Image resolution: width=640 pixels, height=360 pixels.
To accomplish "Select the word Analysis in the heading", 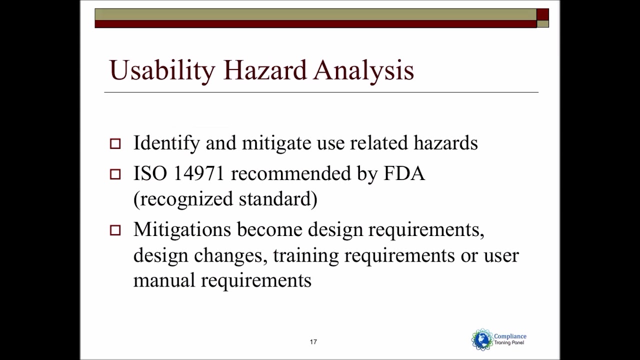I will pos(363,70).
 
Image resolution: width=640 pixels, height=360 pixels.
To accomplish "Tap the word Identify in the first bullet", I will pos(166,143).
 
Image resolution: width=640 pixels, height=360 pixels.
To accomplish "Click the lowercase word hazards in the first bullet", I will pos(445,143).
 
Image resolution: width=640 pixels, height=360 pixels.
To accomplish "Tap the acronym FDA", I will pos(404,173).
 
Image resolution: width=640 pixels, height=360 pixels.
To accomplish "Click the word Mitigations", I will pos(182,229).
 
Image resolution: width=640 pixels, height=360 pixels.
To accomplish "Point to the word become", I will pos(269,229).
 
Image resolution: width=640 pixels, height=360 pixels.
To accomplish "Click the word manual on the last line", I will pos(164,280).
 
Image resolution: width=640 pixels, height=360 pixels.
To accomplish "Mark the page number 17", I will pos(313,342).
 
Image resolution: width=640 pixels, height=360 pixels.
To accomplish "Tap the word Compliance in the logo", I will pos(510,336).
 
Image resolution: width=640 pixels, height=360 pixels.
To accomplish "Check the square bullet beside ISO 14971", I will pos(115,174).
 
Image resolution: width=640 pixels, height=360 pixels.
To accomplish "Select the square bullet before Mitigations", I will pos(115,230).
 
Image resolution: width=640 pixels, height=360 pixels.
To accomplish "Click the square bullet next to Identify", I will pos(115,144).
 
